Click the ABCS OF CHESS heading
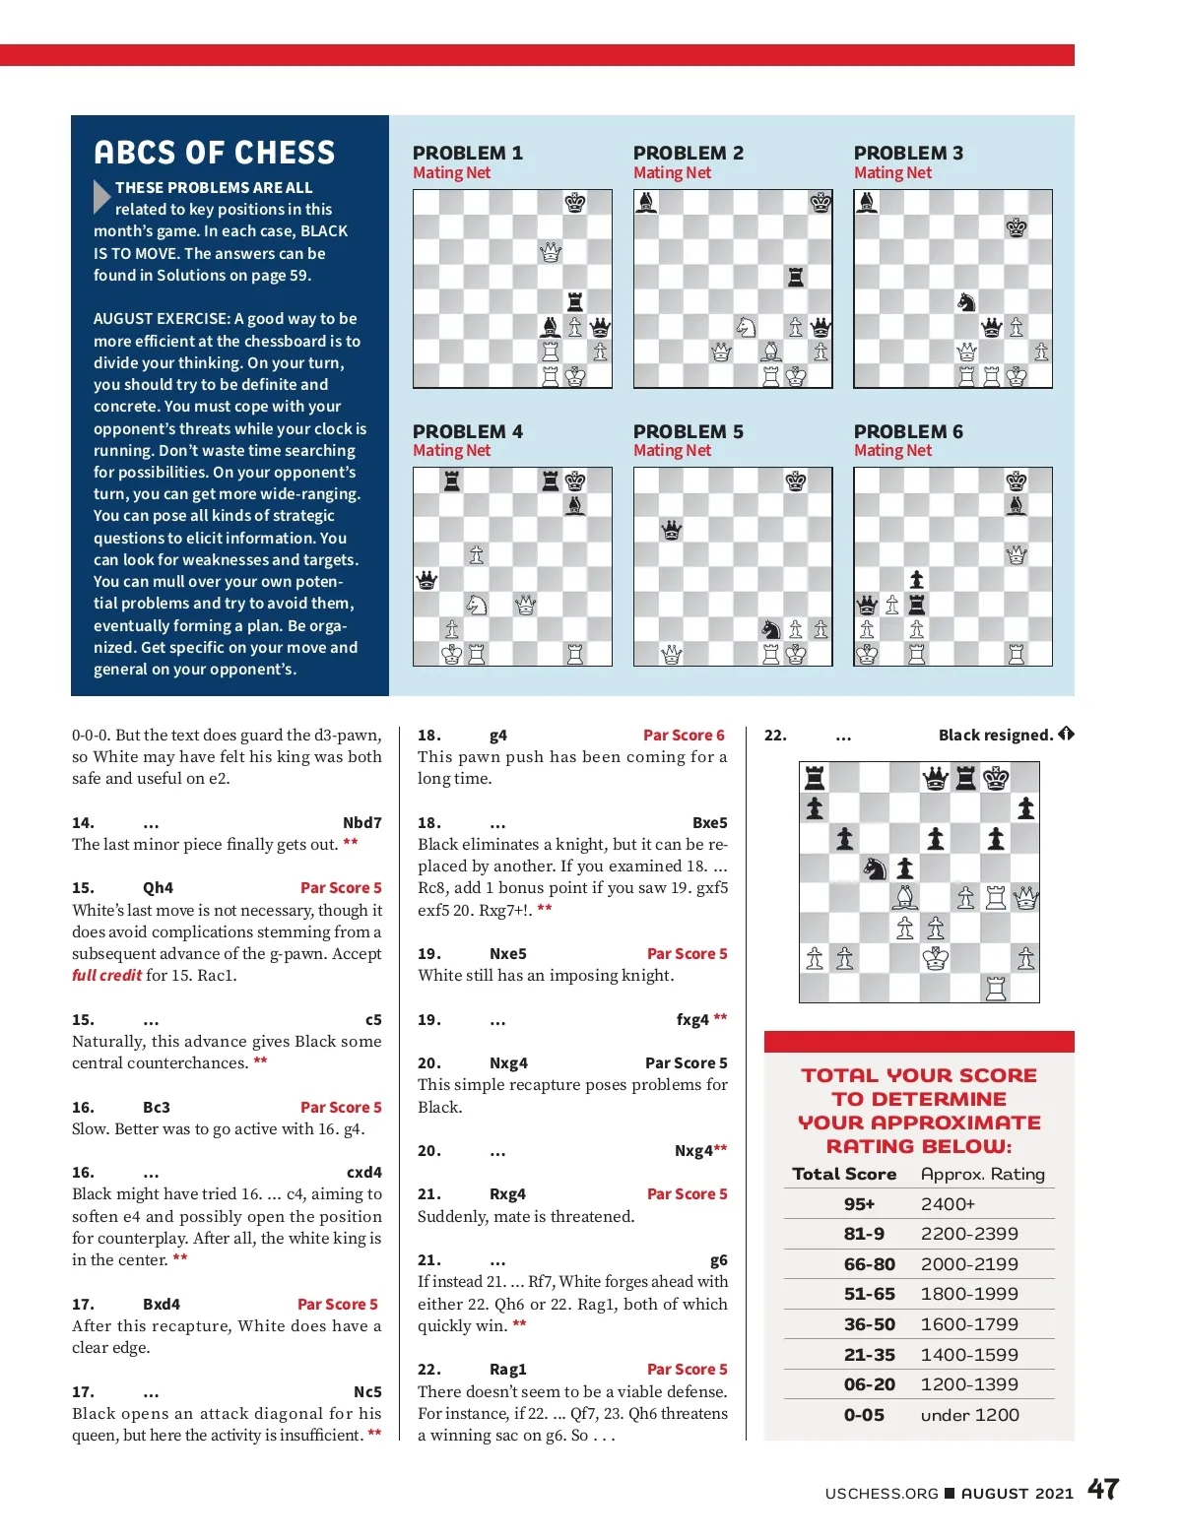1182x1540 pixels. pos(215,153)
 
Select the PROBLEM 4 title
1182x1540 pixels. pos(467,431)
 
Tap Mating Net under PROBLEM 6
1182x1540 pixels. pos(892,451)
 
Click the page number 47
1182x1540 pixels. pos(1103,1489)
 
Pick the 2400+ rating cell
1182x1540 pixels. pos(948,1204)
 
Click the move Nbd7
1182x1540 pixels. pos(361,823)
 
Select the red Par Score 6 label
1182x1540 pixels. pos(684,736)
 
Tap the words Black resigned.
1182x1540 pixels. pos(995,736)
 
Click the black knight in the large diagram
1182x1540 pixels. pos(875,867)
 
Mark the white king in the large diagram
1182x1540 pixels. pos(935,958)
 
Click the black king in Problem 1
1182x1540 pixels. pos(575,203)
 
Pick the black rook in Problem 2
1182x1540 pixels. pos(796,277)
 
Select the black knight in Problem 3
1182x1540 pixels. pos(966,301)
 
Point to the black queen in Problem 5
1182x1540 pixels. pos(672,531)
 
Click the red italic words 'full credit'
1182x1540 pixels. pos(106,976)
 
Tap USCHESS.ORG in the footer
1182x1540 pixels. pos(882,1494)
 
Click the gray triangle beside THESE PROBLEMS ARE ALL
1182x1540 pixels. pos(101,197)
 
